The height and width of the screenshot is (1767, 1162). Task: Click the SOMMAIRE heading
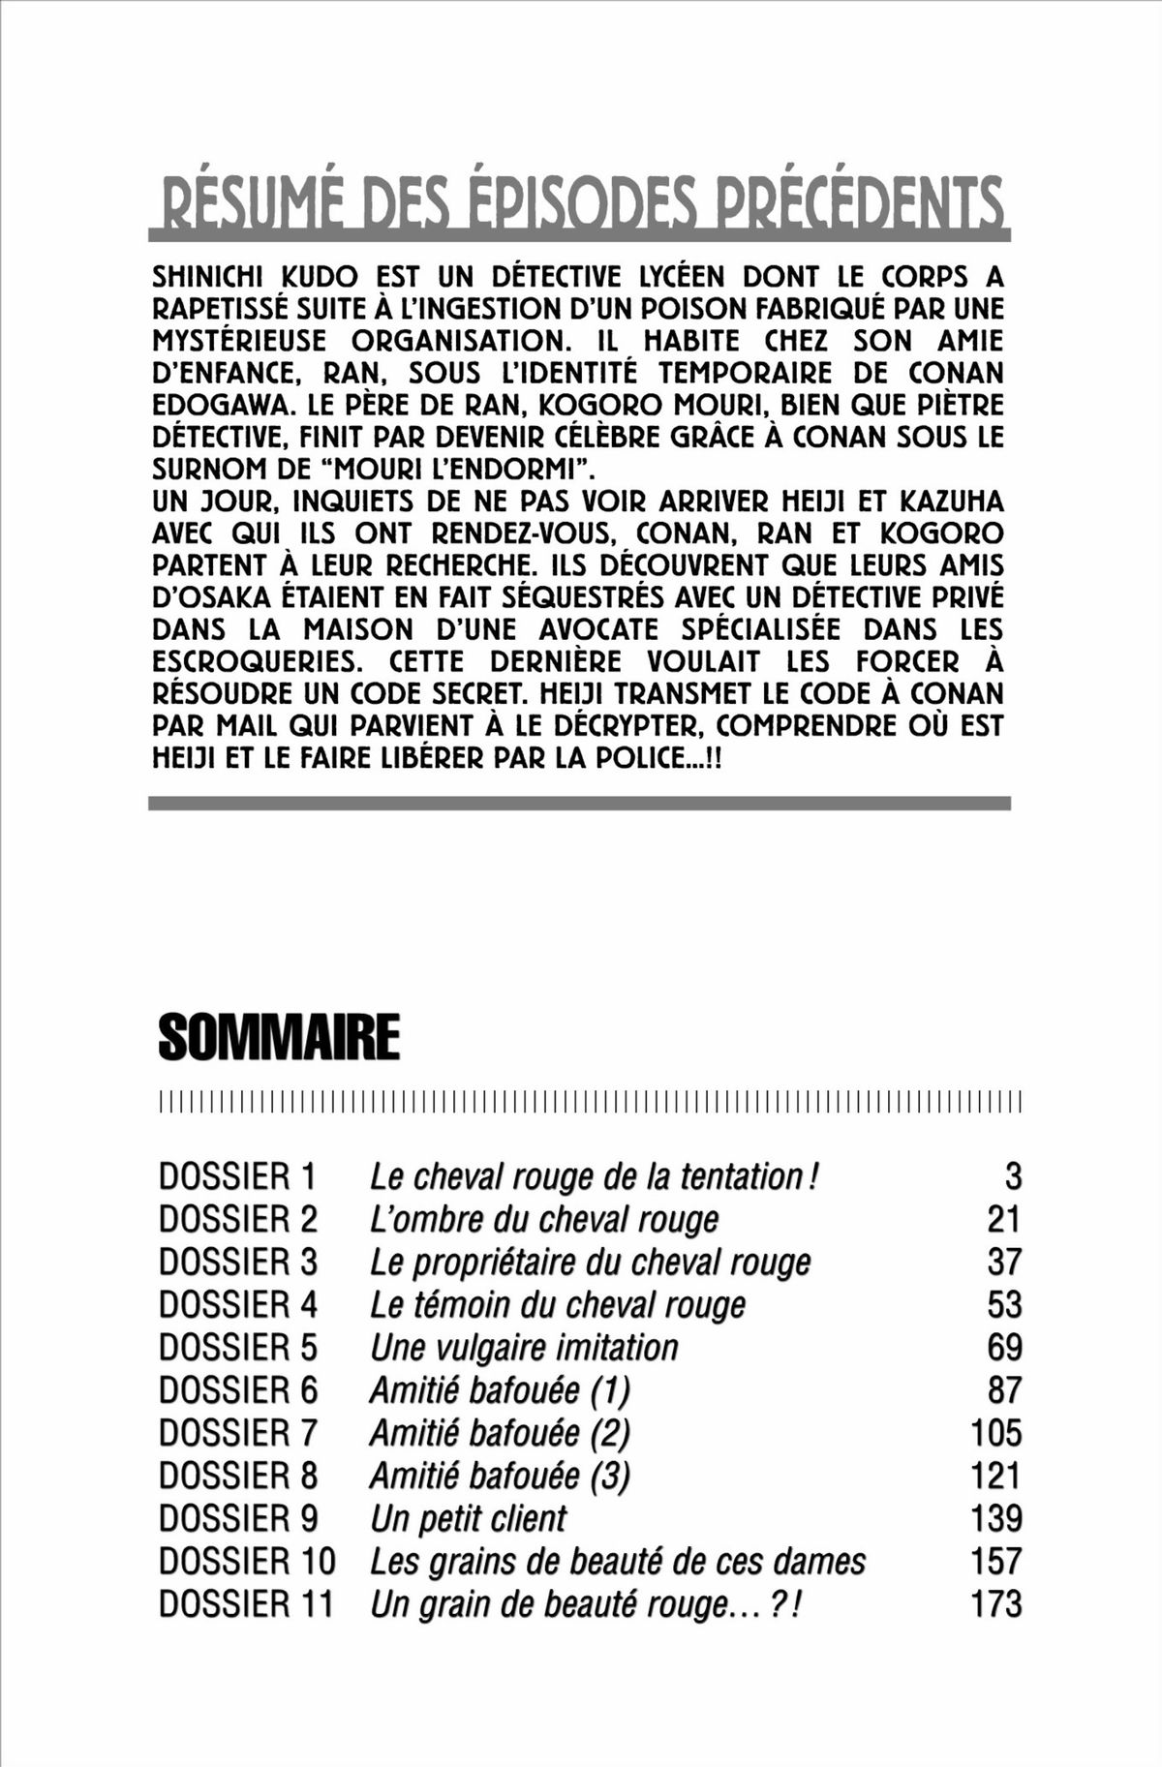[279, 1039]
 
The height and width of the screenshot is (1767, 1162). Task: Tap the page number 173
[995, 1603]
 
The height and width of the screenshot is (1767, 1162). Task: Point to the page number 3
[1013, 1176]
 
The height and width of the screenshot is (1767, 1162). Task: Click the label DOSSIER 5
[238, 1347]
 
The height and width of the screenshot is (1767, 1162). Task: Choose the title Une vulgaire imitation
[524, 1347]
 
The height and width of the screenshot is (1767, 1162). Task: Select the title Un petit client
[468, 1518]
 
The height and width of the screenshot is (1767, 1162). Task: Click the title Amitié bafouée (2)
[500, 1433]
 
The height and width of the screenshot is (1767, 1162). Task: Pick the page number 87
[1004, 1389]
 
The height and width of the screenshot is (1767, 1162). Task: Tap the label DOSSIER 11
[246, 1603]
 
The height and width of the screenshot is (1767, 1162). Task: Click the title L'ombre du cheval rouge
[544, 1219]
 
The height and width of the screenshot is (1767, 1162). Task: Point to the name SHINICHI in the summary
[201, 278]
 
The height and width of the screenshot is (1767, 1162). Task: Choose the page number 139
[995, 1518]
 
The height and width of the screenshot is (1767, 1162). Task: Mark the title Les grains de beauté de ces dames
[618, 1561]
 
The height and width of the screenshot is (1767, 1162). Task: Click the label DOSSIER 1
[238, 1176]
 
